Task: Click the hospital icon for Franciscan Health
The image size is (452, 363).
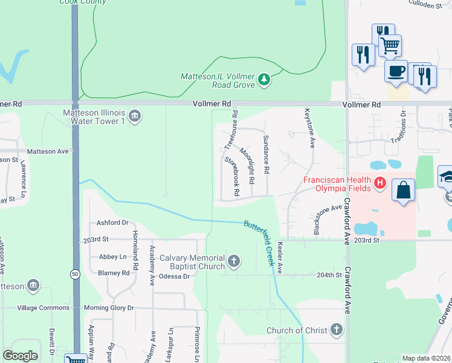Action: click(380, 182)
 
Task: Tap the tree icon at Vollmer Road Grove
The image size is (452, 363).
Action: click(263, 79)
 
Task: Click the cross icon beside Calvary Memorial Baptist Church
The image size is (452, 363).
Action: click(234, 262)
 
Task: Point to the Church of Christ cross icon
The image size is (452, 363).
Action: click(337, 330)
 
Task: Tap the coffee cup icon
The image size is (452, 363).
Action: click(396, 71)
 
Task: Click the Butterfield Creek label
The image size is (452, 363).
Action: click(260, 242)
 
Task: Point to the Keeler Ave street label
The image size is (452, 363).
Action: click(280, 257)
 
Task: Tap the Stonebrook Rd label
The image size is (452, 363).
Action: click(233, 176)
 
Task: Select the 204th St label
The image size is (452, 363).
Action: click(330, 275)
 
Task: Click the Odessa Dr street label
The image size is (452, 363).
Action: click(175, 276)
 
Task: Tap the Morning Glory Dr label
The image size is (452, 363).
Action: click(109, 308)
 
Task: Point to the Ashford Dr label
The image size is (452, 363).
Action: click(112, 223)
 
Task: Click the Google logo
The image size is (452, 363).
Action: click(21, 356)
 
